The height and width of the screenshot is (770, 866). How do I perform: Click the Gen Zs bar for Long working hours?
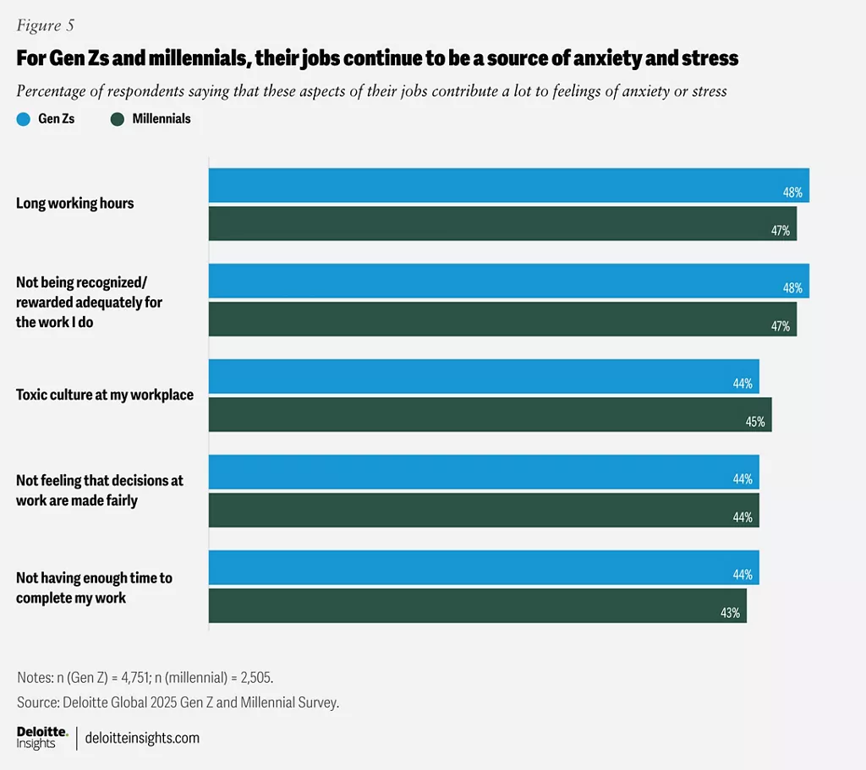click(508, 185)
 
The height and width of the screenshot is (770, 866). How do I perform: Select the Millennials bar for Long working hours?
click(502, 223)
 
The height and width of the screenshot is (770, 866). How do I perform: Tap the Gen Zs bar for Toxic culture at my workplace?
click(484, 376)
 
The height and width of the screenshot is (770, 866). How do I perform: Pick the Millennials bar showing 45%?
click(490, 414)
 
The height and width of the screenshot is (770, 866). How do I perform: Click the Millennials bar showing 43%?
click(477, 605)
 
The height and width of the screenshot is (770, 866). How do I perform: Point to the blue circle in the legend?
click(24, 119)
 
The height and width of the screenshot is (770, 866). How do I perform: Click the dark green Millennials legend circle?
click(118, 119)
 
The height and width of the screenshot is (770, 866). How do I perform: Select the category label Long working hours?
click(75, 204)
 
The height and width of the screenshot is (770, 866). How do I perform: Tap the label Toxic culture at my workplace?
click(105, 395)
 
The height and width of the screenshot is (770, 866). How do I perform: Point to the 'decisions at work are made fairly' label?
click(100, 490)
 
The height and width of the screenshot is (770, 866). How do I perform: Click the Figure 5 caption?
click(45, 25)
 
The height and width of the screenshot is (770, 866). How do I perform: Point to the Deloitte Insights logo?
click(41, 737)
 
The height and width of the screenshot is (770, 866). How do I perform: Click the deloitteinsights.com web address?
click(142, 738)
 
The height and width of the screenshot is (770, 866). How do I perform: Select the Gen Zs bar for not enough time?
click(484, 567)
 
